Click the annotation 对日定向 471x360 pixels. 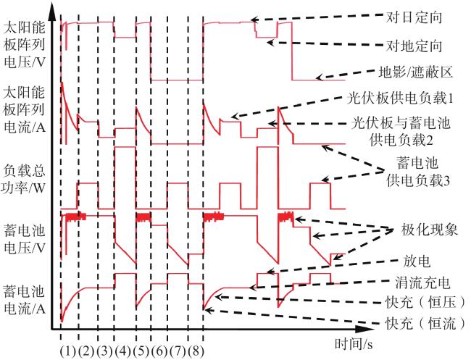(x=414, y=17)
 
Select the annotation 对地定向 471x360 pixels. (x=414, y=46)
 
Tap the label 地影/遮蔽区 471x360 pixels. (x=415, y=72)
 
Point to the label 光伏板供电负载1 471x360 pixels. (x=399, y=99)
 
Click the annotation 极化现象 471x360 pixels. (x=429, y=230)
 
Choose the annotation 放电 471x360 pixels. (x=417, y=261)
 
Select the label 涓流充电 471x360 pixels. (x=422, y=282)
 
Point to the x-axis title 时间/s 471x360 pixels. (x=354, y=344)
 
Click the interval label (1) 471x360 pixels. (x=69, y=351)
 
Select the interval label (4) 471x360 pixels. (x=123, y=351)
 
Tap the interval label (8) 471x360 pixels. (x=196, y=351)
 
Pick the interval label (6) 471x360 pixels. (x=160, y=351)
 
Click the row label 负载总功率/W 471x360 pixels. (x=24, y=180)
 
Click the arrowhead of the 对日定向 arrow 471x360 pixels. (x=255, y=20)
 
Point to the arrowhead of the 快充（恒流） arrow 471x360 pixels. (x=207, y=309)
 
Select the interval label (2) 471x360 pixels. (x=87, y=351)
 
